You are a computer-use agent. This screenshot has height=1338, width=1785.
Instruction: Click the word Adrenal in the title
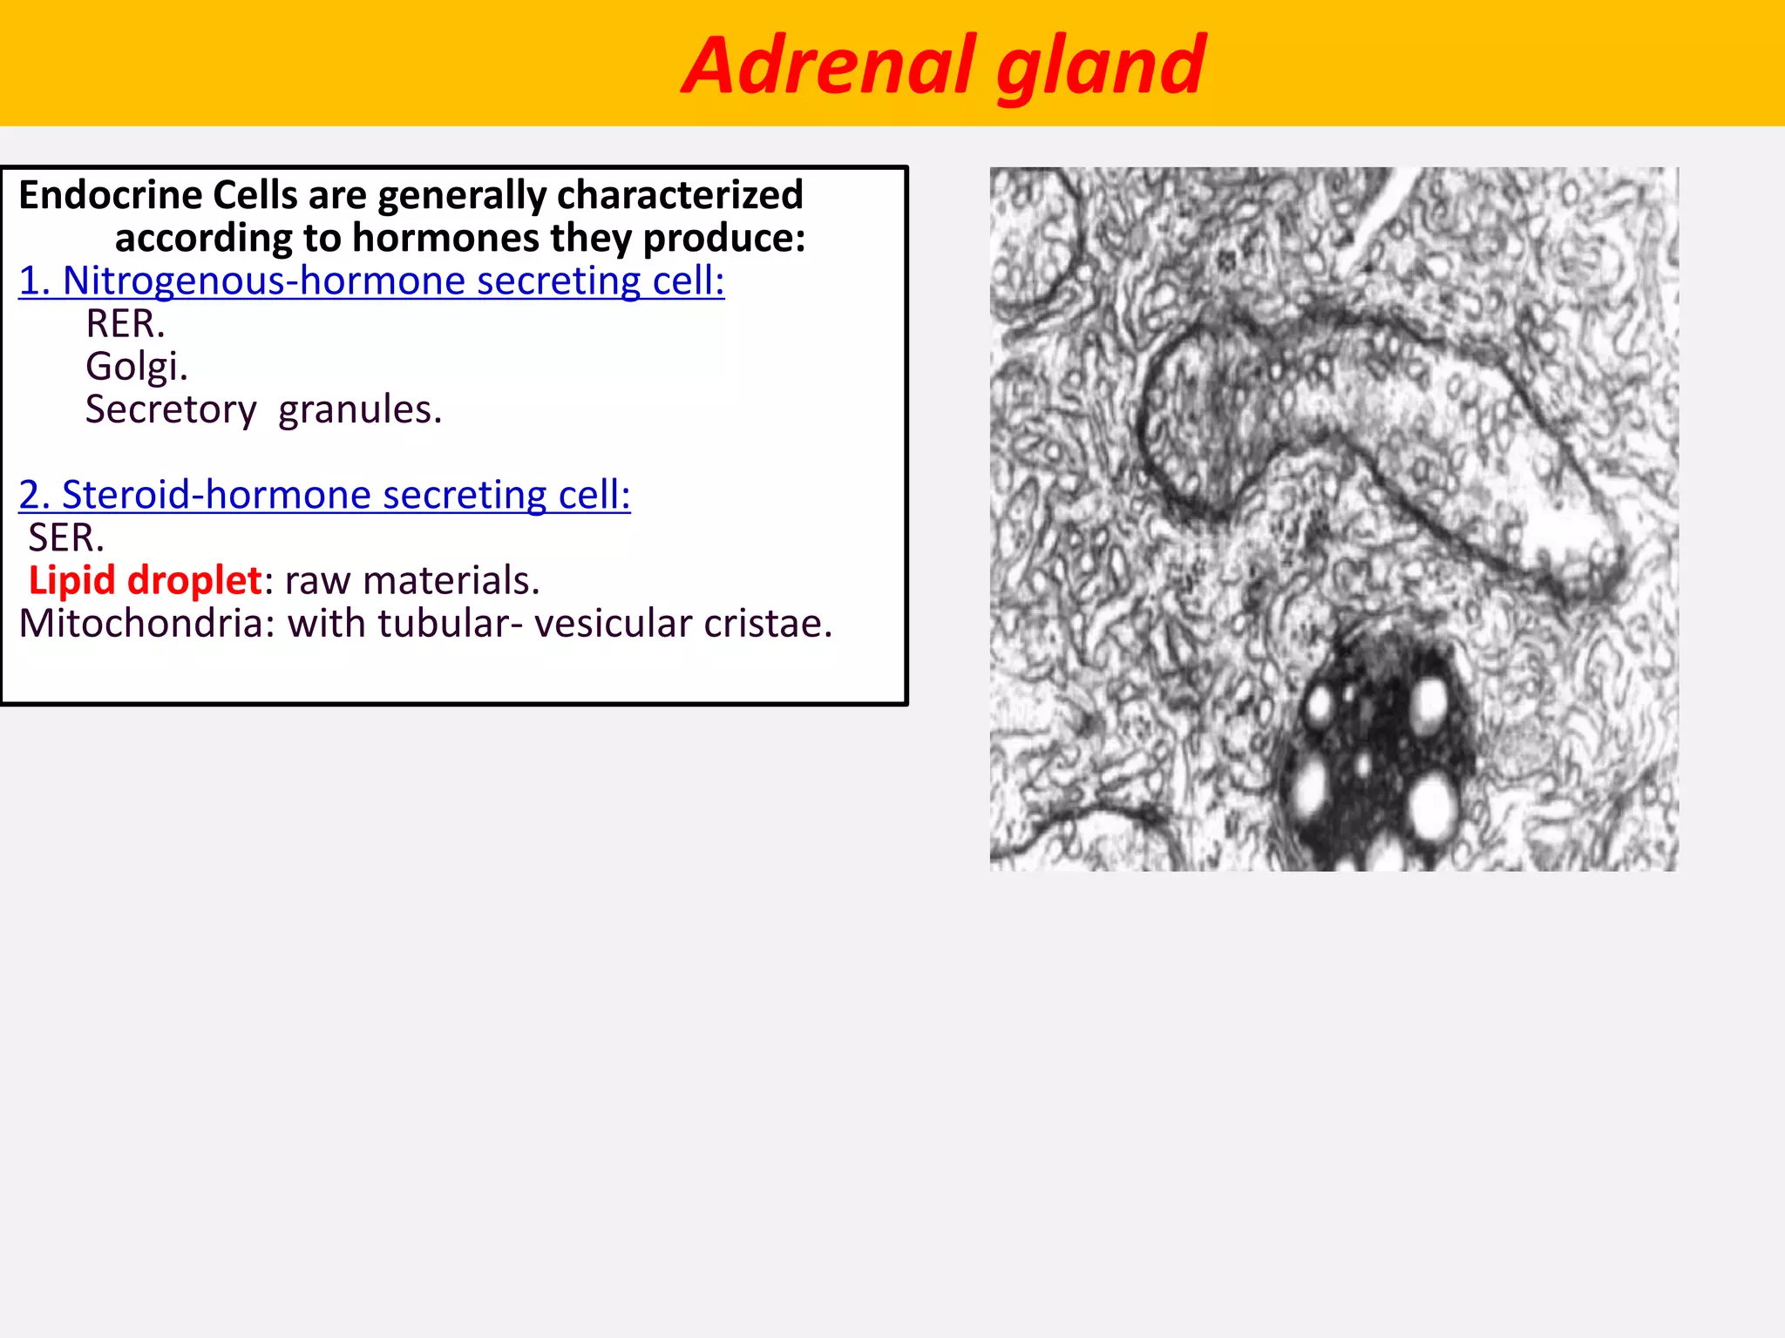pyautogui.click(x=828, y=65)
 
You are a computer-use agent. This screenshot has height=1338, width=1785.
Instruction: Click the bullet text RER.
pyautogui.click(x=125, y=324)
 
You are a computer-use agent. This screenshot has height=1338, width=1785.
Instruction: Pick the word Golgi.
pyautogui.click(x=136, y=367)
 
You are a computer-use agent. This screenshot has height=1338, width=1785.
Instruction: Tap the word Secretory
pyautogui.click(x=171, y=409)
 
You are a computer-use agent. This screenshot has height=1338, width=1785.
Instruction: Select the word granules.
pyautogui.click(x=359, y=409)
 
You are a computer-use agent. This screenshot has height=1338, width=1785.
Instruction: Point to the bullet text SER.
pyautogui.click(x=66, y=537)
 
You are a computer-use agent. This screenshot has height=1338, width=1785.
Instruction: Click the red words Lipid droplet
pyautogui.click(x=145, y=580)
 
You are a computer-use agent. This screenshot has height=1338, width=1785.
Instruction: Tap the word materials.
pyautogui.click(x=451, y=580)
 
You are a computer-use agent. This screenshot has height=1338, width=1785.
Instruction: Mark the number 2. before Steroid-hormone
pyautogui.click(x=35, y=495)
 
